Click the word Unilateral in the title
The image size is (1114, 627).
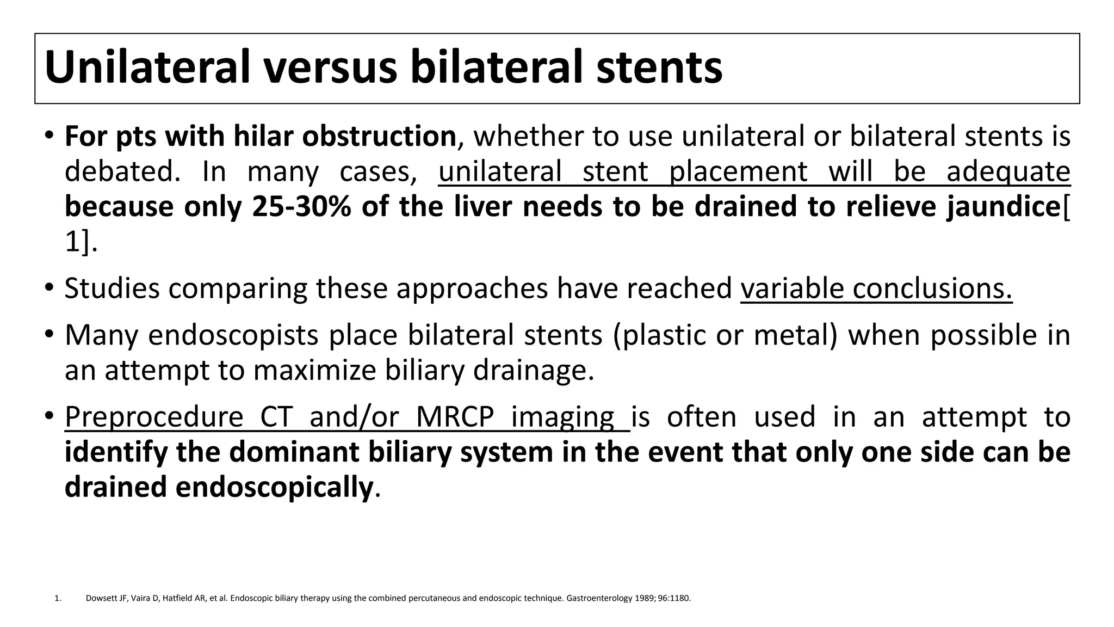click(x=147, y=67)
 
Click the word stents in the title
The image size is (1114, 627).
click(x=659, y=67)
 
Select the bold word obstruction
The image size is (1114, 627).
click(x=379, y=136)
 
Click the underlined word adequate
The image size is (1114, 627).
click(x=1008, y=171)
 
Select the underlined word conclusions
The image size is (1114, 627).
click(x=932, y=288)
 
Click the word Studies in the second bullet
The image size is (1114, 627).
click(x=112, y=288)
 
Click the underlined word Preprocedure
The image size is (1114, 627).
click(x=153, y=417)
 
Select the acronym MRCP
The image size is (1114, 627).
click(x=455, y=417)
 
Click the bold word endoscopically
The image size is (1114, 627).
click(x=274, y=487)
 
